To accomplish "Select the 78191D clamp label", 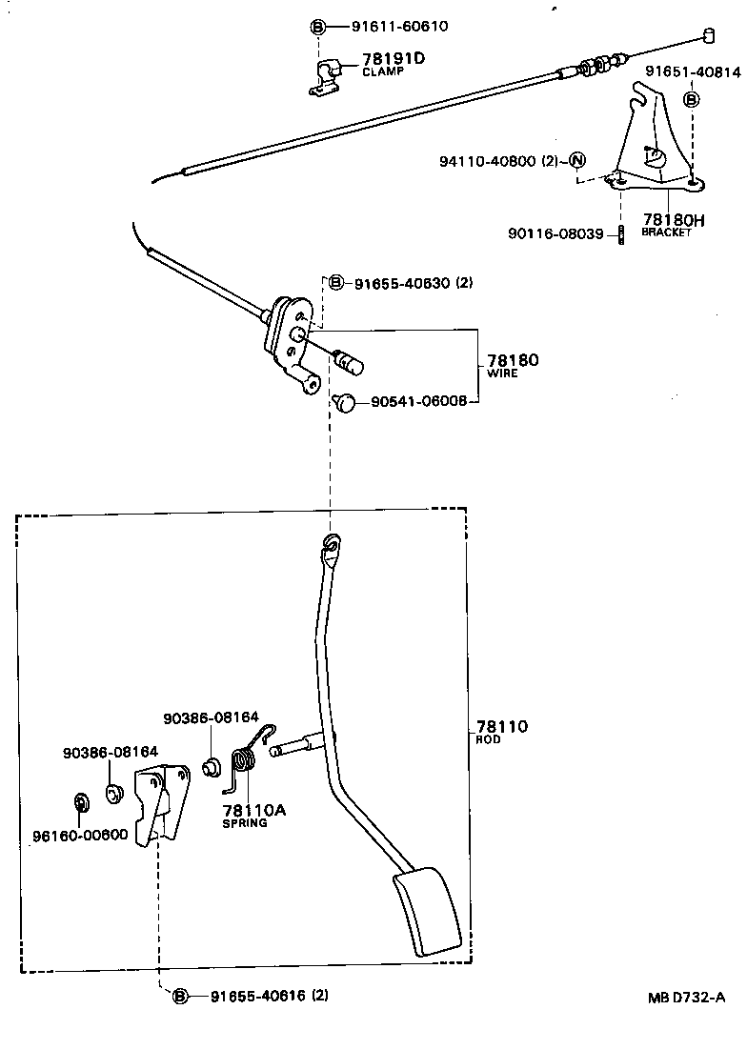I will click(393, 59).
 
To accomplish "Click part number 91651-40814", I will click(693, 71).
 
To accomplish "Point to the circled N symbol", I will click(577, 160).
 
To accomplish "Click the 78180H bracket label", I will click(673, 221).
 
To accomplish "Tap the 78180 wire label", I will click(513, 361).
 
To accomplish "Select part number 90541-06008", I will click(418, 402).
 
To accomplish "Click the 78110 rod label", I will click(501, 727).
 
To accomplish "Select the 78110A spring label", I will click(254, 810).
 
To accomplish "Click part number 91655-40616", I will click(253, 996).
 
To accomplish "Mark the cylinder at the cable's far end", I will click(709, 35).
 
